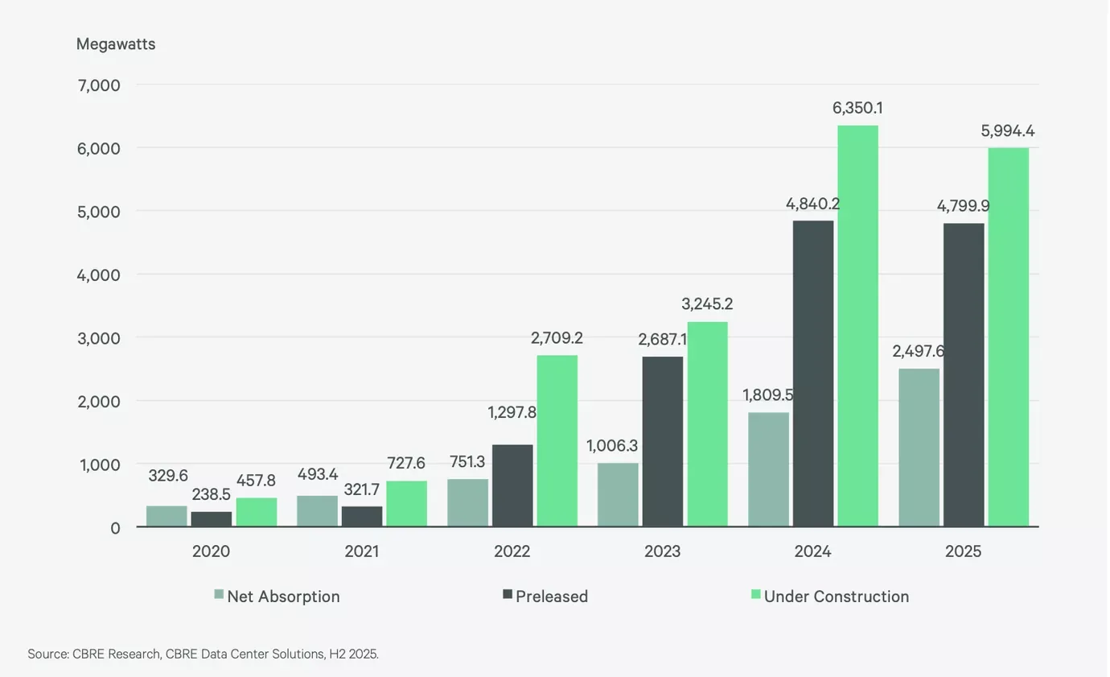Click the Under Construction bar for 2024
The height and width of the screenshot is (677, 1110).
pos(857,326)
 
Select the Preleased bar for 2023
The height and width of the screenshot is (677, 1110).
pos(663,442)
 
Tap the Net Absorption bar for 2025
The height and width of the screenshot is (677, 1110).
pos(919,448)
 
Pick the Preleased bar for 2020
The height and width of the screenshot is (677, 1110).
pos(212,519)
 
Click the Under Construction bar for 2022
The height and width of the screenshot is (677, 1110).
pos(557,441)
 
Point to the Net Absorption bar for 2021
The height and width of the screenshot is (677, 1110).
pos(317,511)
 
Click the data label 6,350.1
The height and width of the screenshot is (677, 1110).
pos(857,108)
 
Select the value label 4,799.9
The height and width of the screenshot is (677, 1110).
pos(963,206)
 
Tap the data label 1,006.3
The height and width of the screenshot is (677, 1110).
pos(612,446)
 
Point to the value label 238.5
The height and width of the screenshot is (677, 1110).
pos(212,494)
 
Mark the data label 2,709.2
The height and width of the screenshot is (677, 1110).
pos(557,338)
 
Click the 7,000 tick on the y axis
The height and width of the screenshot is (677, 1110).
pos(99,85)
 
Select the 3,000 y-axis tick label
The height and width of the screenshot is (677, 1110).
pos(99,338)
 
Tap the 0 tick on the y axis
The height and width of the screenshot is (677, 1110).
pos(115,528)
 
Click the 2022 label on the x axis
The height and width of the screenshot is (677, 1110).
pos(512,551)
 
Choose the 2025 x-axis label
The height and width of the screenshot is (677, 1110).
pos(963,551)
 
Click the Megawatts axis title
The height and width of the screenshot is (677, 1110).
pos(116,44)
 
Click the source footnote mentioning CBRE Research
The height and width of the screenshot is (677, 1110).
pos(203,654)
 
